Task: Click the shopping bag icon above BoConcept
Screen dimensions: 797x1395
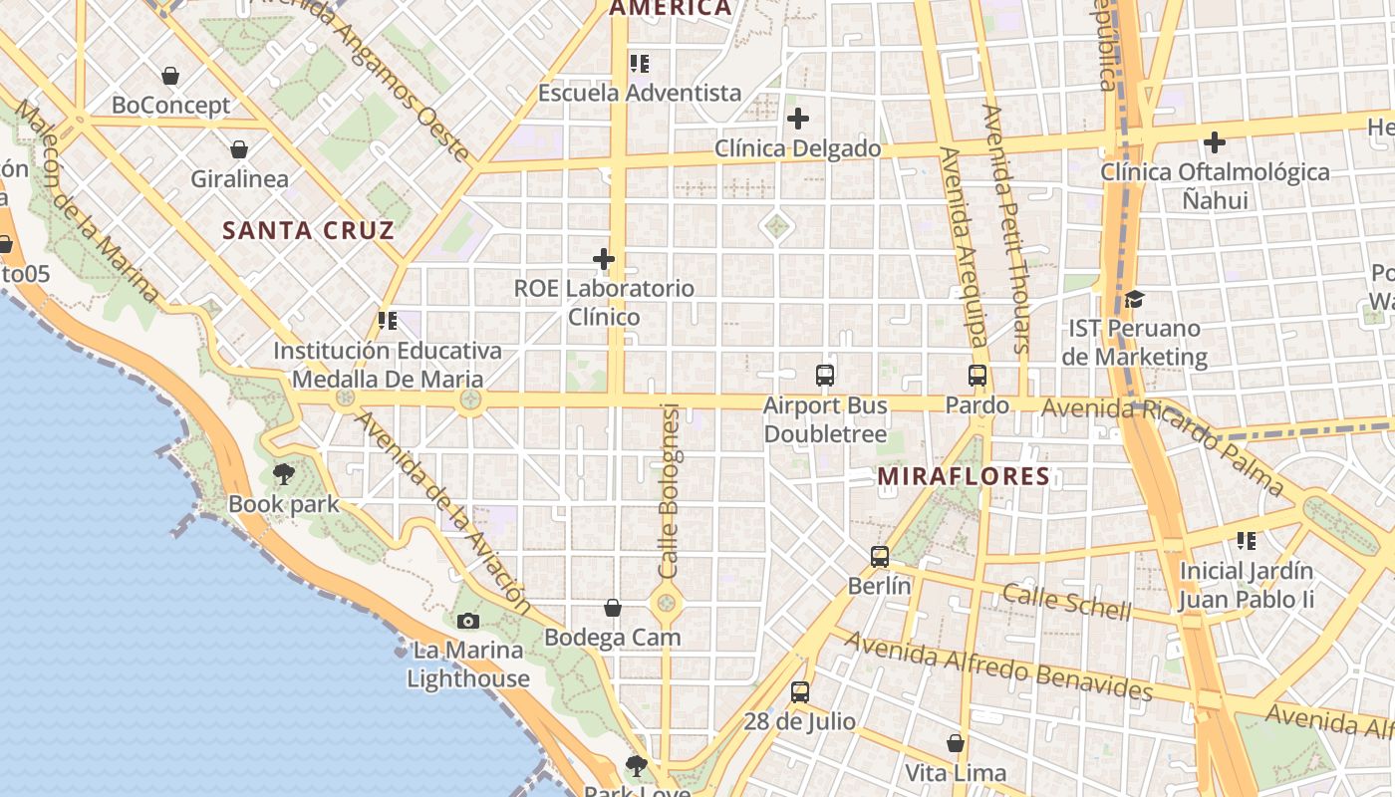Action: tap(170, 76)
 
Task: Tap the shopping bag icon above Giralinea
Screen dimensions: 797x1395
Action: tap(239, 150)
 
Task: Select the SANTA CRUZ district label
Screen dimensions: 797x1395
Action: tap(308, 231)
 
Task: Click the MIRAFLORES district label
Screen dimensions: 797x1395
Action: tap(964, 476)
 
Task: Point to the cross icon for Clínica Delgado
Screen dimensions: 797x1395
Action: tap(798, 120)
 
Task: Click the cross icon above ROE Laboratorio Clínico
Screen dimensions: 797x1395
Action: tap(604, 259)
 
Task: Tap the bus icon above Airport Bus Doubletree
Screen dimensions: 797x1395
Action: tap(825, 376)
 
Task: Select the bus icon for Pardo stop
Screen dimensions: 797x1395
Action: tap(977, 376)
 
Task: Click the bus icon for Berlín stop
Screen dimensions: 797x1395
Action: tap(880, 557)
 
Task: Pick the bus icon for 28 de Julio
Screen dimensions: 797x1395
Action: tap(800, 692)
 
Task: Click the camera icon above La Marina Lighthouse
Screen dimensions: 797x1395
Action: tap(467, 622)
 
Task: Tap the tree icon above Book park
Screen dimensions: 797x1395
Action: tap(284, 474)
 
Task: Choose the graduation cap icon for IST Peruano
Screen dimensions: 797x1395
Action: tap(1134, 299)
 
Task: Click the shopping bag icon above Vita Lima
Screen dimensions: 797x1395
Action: tap(956, 743)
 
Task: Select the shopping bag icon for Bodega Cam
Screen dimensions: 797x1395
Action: tap(613, 608)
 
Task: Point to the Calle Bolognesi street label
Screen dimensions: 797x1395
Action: tap(669, 490)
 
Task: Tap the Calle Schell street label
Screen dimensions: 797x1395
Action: tap(1066, 601)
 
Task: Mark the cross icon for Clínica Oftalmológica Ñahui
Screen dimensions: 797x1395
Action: tap(1215, 142)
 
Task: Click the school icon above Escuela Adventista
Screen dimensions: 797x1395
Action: tap(640, 64)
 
